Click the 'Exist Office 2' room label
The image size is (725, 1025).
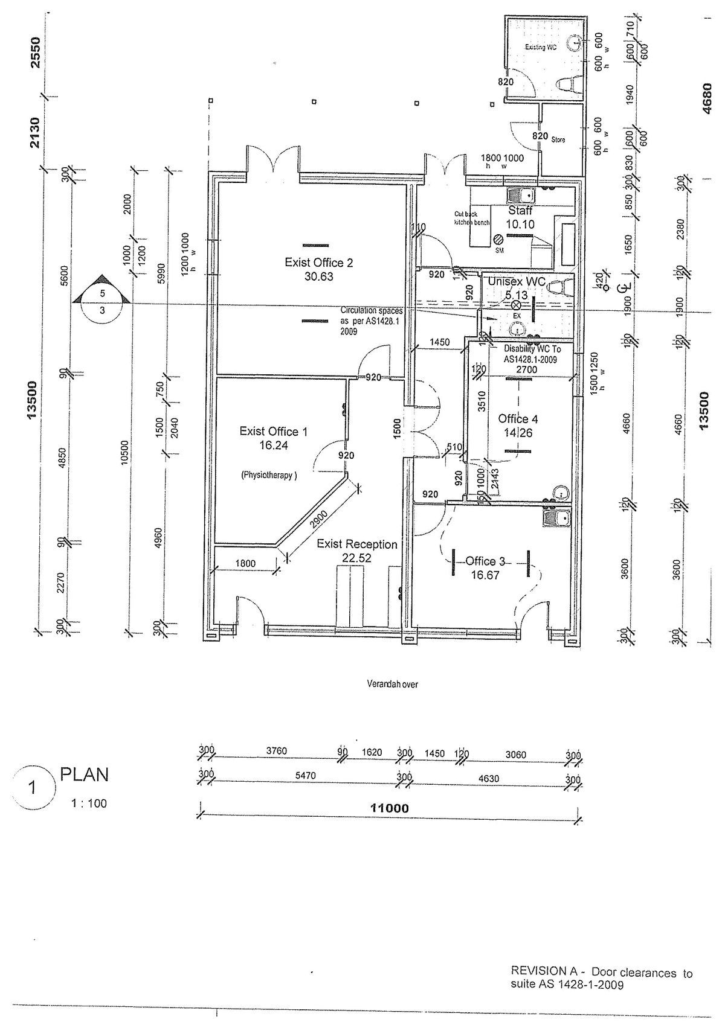point(318,263)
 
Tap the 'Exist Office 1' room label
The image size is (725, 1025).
point(273,431)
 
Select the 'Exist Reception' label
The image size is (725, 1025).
point(357,544)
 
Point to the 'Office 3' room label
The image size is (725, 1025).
point(485,561)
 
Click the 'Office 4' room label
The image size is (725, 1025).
point(518,419)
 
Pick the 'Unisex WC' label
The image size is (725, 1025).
point(517,282)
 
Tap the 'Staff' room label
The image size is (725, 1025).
point(520,211)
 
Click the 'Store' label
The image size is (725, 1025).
point(558,139)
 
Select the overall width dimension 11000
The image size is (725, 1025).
point(390,808)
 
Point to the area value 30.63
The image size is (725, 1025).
point(318,277)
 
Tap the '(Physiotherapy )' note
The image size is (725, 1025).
point(269,475)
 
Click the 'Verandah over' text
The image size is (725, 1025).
point(392,684)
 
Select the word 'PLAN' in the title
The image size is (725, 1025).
point(85,775)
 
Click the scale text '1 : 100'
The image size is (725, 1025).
point(86,803)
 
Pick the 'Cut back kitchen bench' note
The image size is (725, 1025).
point(472,218)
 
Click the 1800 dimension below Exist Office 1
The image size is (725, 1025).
point(245,564)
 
